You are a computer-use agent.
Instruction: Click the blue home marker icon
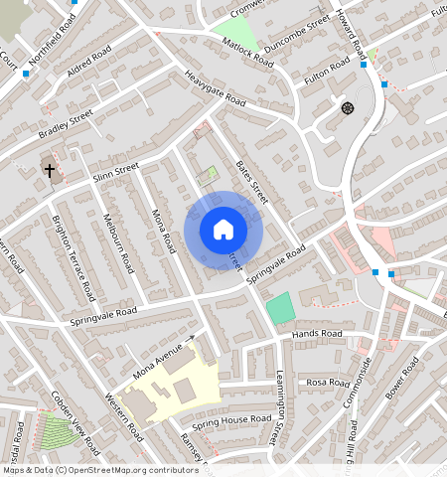223,230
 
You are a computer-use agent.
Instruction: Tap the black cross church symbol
50,170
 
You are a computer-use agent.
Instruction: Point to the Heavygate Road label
214,91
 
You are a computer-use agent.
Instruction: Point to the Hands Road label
317,334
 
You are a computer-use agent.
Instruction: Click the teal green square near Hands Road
281,307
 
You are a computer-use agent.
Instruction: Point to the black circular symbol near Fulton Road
347,107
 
